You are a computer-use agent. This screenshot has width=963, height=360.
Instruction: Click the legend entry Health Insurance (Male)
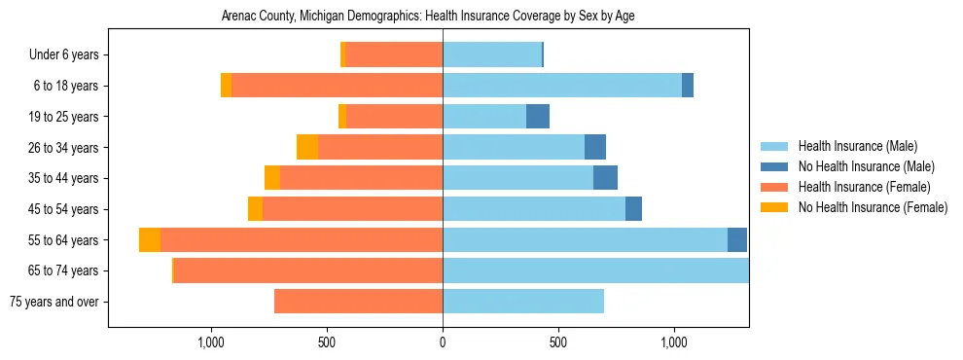tap(857, 147)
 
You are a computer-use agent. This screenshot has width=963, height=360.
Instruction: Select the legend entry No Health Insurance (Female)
tap(873, 207)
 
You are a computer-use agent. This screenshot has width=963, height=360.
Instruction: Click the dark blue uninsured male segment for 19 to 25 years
tap(538, 117)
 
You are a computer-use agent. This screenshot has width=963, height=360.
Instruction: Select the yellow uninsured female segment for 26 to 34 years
tap(307, 148)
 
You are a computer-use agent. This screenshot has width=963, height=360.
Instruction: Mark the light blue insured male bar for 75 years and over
tap(523, 302)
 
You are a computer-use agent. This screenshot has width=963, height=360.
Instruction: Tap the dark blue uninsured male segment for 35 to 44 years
tap(605, 178)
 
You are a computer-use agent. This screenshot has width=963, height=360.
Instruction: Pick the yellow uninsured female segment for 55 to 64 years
tap(150, 240)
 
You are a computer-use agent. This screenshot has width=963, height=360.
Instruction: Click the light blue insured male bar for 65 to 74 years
tap(595, 270)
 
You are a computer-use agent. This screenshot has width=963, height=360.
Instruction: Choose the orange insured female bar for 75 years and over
tap(358, 302)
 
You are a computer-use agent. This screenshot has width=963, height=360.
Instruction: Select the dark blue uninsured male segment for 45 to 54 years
tap(633, 209)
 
